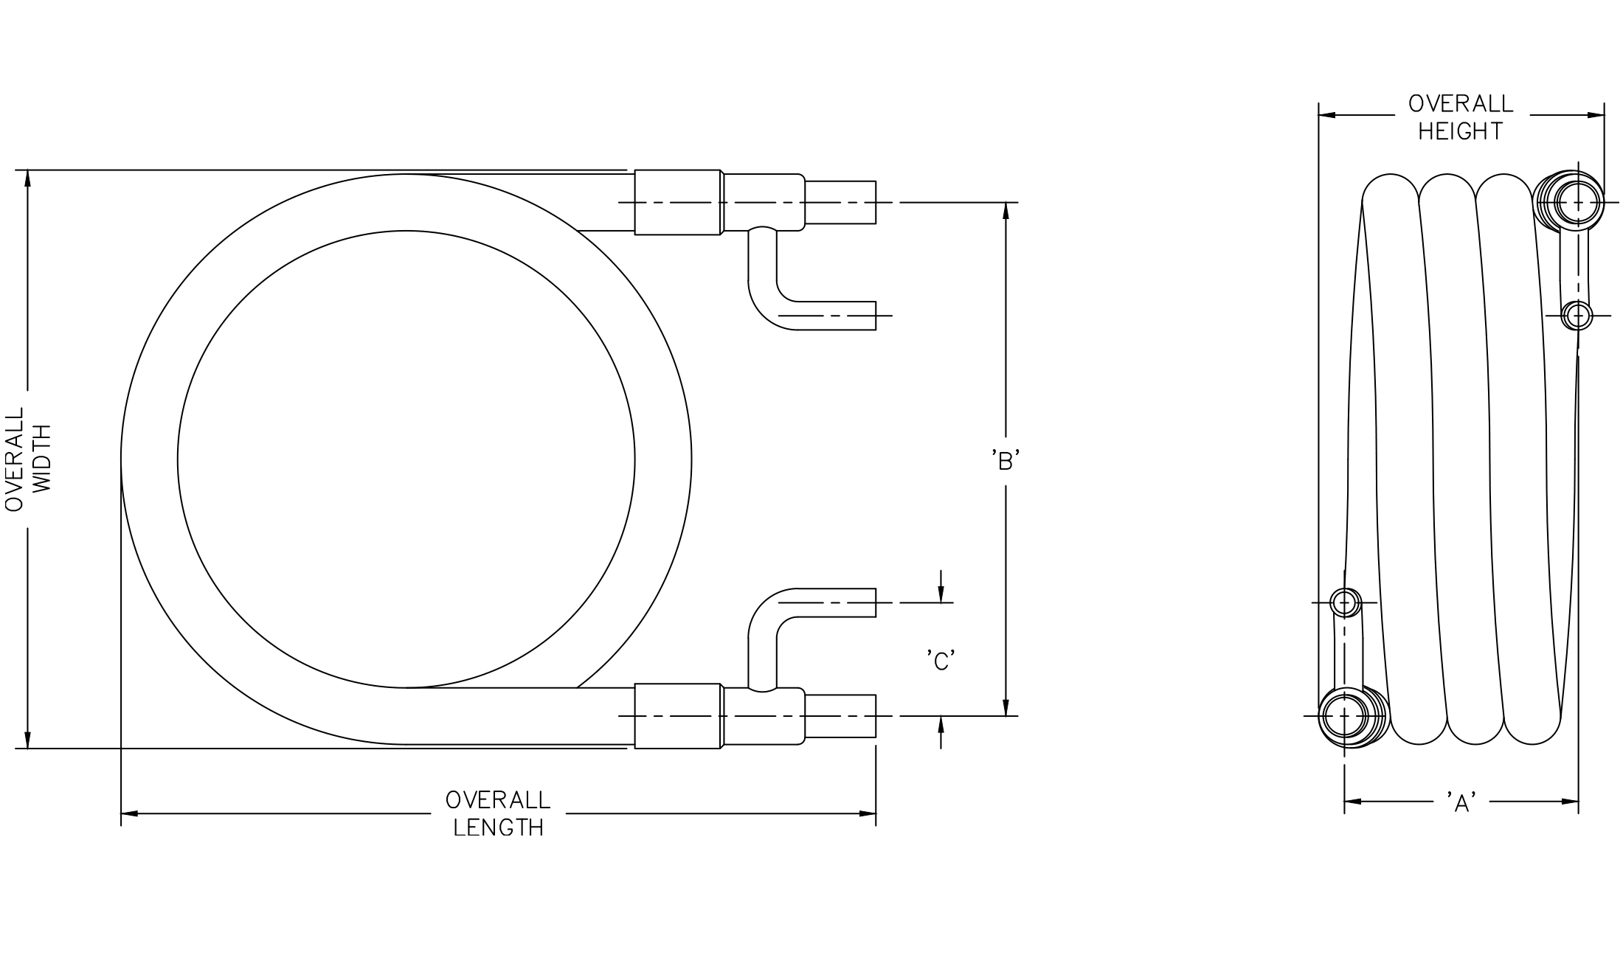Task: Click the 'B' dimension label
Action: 1006,461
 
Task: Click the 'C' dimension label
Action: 941,661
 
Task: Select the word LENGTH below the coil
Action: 499,828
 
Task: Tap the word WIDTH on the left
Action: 44,459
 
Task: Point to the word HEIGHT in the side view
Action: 1461,131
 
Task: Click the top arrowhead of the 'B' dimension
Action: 1006,211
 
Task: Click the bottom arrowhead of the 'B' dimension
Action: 1006,707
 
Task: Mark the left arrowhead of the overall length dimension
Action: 130,813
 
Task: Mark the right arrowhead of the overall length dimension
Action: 867,813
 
